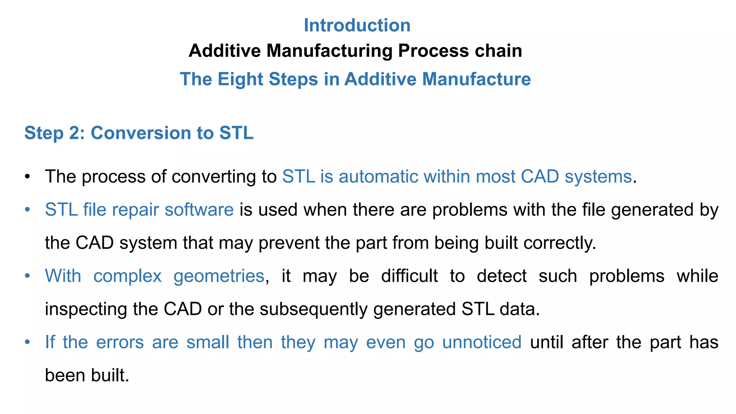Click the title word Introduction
(357, 26)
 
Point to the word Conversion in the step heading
(141, 133)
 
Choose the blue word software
(199, 210)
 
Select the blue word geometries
(219, 276)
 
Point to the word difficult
(409, 276)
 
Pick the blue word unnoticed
(482, 342)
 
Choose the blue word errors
(120, 342)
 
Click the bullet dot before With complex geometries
(27, 276)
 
